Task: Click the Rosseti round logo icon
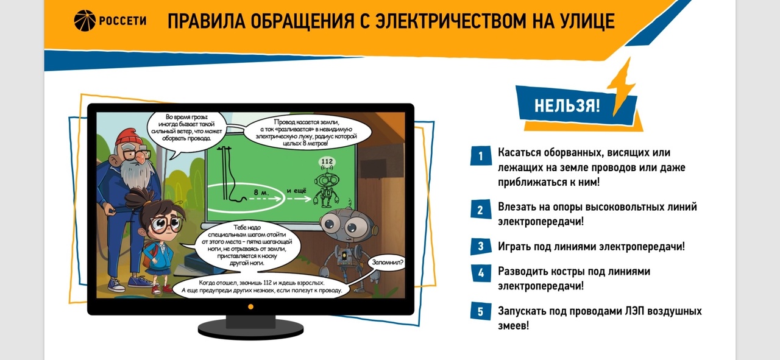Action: click(x=85, y=21)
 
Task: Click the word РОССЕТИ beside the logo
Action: click(x=122, y=21)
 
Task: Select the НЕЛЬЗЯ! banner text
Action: click(x=567, y=105)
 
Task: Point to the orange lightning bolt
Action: click(x=622, y=87)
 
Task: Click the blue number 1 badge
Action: click(x=481, y=155)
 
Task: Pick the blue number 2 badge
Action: click(x=481, y=210)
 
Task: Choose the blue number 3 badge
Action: click(x=481, y=247)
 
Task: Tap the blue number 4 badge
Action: click(x=481, y=273)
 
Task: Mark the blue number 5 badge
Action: click(x=481, y=311)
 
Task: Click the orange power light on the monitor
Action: click(x=250, y=307)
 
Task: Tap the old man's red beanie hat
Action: click(x=129, y=136)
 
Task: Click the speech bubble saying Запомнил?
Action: click(x=388, y=262)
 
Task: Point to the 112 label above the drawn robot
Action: click(x=327, y=161)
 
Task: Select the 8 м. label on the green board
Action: click(x=261, y=192)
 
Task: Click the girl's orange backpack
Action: click(x=148, y=256)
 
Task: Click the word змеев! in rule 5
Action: click(x=513, y=326)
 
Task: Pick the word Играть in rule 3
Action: click(x=514, y=247)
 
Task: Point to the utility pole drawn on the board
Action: click(x=225, y=172)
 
